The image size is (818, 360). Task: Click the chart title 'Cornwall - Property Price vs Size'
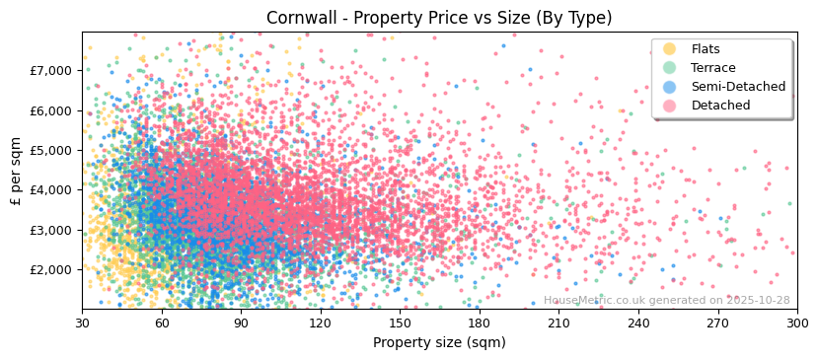pyautogui.click(x=439, y=18)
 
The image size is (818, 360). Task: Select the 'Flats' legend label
pyautogui.click(x=705, y=49)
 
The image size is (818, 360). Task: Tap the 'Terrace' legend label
pyautogui.click(x=712, y=68)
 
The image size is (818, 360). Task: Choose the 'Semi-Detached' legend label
pyautogui.click(x=738, y=87)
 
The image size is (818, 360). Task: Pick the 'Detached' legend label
pyautogui.click(x=720, y=106)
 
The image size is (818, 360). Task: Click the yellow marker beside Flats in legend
pyautogui.click(x=670, y=49)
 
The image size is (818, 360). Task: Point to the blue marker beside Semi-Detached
pyautogui.click(x=670, y=87)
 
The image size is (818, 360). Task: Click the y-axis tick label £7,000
pyautogui.click(x=51, y=71)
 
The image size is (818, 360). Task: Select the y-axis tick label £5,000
pyautogui.click(x=51, y=150)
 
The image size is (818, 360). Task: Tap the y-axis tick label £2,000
pyautogui.click(x=51, y=269)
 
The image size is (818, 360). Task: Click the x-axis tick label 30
pyautogui.click(x=82, y=324)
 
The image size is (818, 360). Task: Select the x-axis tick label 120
pyautogui.click(x=321, y=324)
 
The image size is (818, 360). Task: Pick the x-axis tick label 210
pyautogui.click(x=558, y=324)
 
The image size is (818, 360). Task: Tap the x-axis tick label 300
pyautogui.click(x=796, y=324)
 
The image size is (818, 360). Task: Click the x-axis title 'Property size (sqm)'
pyautogui.click(x=439, y=343)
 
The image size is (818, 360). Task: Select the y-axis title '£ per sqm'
pyautogui.click(x=16, y=170)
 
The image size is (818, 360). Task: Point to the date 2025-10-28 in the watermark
pyautogui.click(x=757, y=301)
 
